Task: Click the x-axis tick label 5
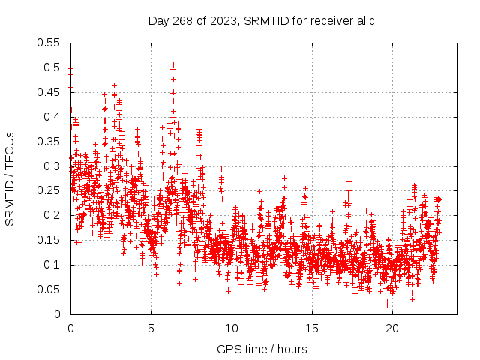point(151,328)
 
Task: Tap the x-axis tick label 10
point(232,328)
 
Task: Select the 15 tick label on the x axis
point(312,328)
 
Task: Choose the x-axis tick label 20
point(392,328)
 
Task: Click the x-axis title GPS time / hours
point(262,349)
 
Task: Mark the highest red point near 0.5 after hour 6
point(173,64)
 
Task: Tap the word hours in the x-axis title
point(291,349)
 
